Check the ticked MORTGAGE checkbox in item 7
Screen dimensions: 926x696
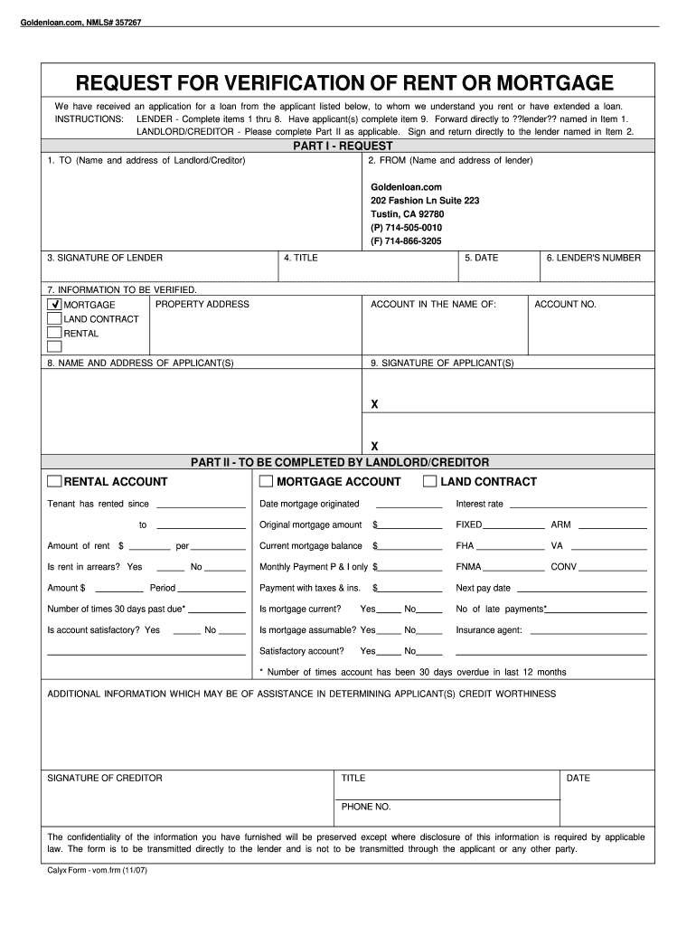54,305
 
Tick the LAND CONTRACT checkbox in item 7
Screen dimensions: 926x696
54,319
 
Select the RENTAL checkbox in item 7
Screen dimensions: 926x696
54,334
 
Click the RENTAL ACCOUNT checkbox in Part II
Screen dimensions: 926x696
54,481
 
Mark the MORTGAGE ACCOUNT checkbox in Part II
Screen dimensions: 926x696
266,481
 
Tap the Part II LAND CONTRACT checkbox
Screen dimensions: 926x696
430,481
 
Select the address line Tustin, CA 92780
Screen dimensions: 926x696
407,214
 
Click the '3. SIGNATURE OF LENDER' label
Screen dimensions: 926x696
105,258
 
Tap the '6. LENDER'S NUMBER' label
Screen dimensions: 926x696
593,258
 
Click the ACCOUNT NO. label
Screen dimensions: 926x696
565,305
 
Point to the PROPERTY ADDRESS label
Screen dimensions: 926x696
202,305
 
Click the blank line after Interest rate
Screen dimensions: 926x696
578,506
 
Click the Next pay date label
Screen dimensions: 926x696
484,588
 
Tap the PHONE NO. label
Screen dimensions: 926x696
365,807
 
